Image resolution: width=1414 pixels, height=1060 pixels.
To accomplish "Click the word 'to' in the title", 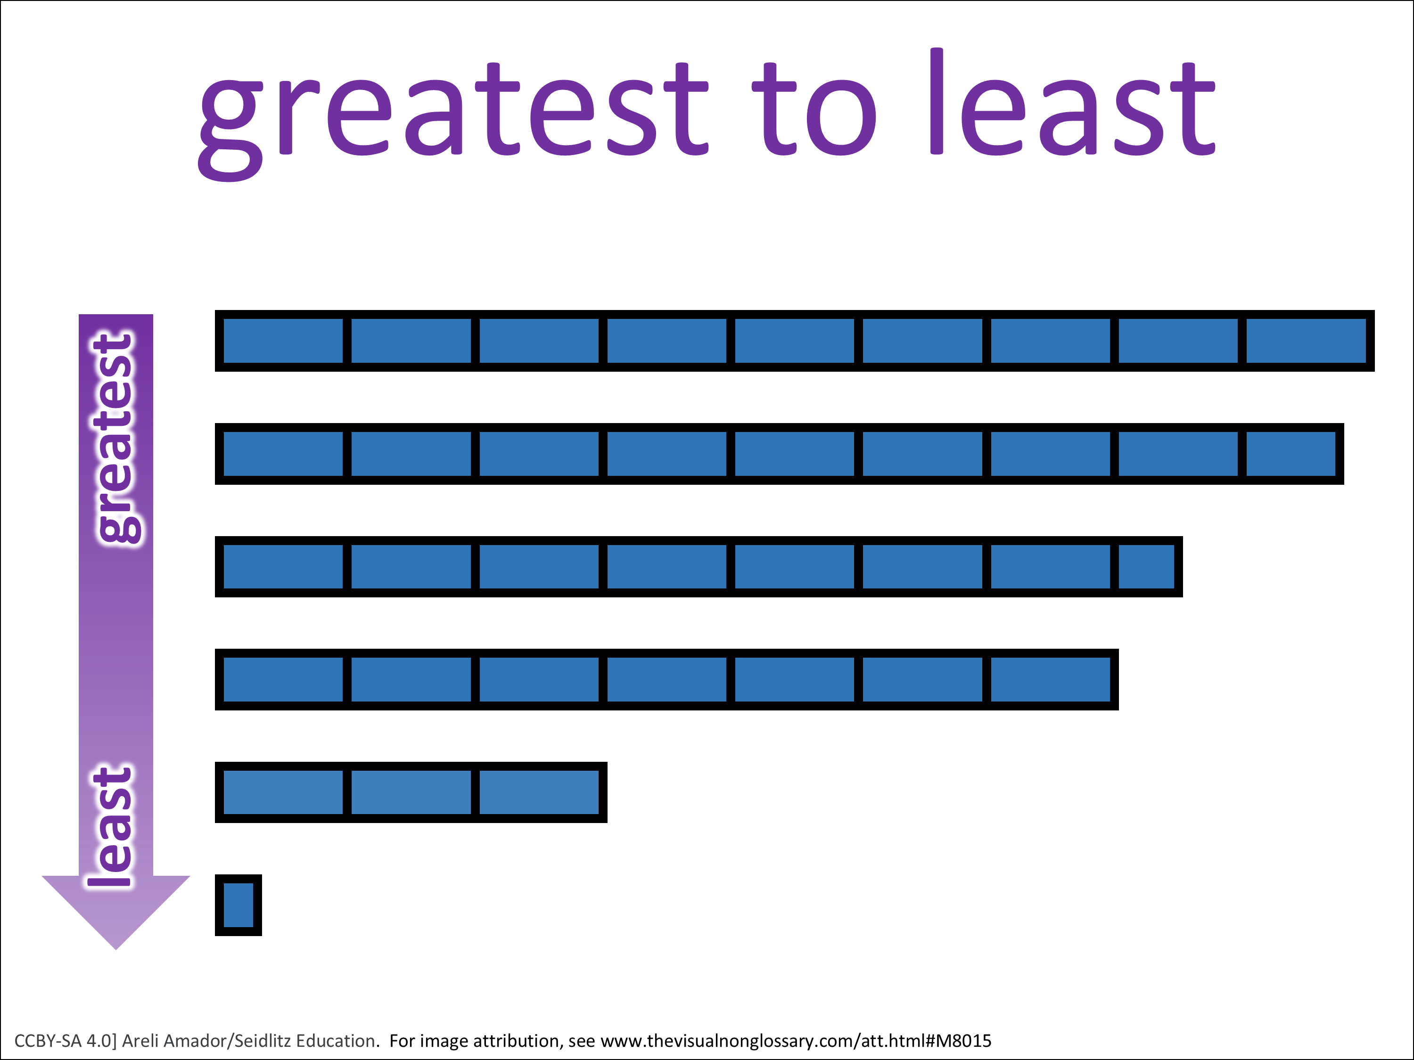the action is coord(814,109).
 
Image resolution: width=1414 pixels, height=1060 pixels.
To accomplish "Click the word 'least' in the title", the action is coord(1072,102).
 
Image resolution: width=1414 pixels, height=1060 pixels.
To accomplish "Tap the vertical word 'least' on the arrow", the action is coord(110,827).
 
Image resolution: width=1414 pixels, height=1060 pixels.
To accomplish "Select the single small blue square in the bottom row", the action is coord(238,905).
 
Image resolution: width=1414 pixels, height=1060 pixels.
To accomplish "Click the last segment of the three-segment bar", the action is coord(539,792).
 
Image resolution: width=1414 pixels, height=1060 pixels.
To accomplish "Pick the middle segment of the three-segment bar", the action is coord(411,792).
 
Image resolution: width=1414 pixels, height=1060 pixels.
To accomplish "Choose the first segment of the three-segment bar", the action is coord(283,792).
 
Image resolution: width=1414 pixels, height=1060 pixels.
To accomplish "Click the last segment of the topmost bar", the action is coord(1306,341).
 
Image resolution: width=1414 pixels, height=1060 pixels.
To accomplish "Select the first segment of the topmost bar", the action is coord(283,341).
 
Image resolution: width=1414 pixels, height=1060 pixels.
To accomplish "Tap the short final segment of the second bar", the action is coord(1291,454).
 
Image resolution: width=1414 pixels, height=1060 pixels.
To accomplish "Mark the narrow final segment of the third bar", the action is coord(1146,567).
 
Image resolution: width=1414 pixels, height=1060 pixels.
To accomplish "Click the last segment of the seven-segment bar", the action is coord(1050,679).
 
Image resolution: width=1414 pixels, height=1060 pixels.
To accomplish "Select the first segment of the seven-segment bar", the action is coord(283,679).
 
